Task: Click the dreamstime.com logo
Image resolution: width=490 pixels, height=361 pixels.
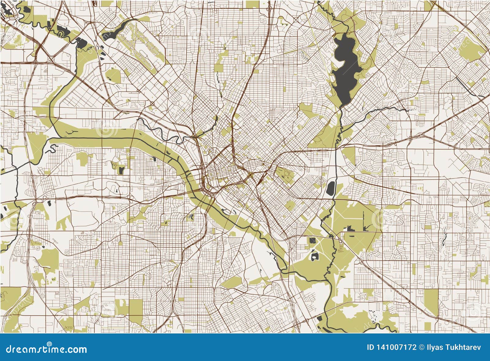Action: (x=43, y=347)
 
